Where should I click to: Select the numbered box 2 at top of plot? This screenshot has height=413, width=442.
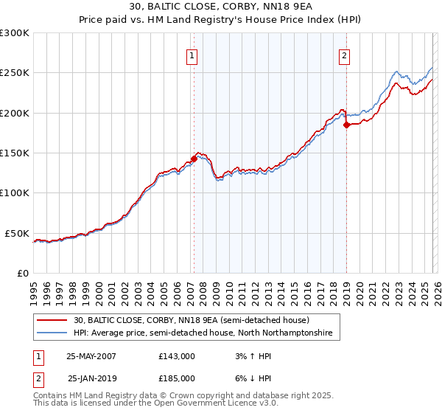pos(345,55)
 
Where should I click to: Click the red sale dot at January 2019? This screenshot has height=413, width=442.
pos(346,125)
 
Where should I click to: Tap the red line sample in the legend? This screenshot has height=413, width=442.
pos(52,320)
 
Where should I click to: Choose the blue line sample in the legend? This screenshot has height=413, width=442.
pos(52,333)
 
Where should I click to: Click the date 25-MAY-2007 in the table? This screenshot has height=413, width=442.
pos(91,355)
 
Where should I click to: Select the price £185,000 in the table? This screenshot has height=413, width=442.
pos(177,378)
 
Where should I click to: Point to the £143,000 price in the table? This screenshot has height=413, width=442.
pos(177,355)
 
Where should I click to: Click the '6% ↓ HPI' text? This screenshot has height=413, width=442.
pos(250,378)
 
